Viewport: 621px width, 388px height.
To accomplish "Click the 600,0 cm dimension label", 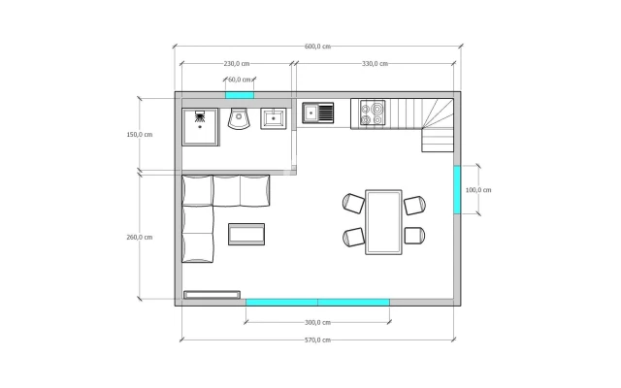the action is point(317,47).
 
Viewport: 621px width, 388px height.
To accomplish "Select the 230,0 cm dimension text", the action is point(237,63).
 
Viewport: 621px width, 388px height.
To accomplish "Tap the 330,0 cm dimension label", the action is point(375,63).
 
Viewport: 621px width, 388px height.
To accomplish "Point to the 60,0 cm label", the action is point(240,80).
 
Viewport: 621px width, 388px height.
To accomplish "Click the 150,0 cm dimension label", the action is point(140,135).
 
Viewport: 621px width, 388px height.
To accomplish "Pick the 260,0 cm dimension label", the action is point(140,237).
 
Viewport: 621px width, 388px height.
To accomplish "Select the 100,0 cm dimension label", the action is point(478,190).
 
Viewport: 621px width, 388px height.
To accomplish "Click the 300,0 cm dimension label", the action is point(317,322).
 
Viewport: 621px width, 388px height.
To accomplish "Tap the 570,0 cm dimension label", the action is point(317,339).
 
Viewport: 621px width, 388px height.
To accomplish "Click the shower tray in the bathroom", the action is point(200,127).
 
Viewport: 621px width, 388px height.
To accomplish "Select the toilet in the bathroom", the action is point(240,118).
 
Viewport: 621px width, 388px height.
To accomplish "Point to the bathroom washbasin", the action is point(274,118).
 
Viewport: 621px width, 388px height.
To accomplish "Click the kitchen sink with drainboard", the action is point(317,113).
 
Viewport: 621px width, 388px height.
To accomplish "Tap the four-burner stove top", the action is point(373,113).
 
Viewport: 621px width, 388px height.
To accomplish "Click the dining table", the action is point(383,222).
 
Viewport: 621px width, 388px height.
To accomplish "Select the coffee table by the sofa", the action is point(246,234).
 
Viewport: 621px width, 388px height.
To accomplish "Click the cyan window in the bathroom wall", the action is point(240,95).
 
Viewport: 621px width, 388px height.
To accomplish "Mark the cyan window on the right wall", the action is point(457,190).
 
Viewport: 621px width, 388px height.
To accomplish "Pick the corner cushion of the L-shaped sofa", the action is point(197,190).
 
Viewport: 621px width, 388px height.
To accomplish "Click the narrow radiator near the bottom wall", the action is point(212,295).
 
